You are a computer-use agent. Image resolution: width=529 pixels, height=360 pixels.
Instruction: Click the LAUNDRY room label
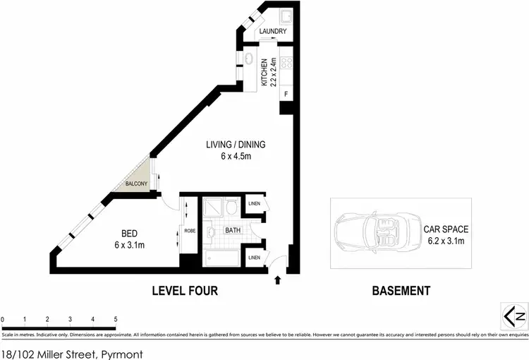272,32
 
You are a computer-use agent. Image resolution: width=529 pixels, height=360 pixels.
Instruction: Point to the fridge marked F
286,93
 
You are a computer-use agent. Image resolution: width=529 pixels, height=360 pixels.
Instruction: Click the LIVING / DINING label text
236,145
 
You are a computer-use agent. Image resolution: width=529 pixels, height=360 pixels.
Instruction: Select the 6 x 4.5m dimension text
236,157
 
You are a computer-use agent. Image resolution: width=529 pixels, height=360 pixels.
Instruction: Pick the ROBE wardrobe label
189,230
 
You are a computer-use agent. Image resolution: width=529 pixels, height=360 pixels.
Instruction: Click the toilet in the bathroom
210,231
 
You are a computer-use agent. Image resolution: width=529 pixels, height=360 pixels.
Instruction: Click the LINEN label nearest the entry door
254,258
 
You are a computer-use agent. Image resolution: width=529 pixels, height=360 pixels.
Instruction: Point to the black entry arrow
276,280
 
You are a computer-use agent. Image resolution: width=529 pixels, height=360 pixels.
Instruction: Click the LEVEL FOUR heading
185,290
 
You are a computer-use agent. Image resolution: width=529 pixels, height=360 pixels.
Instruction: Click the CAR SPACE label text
446,229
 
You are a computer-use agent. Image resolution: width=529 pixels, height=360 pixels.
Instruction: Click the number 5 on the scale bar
115,319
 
